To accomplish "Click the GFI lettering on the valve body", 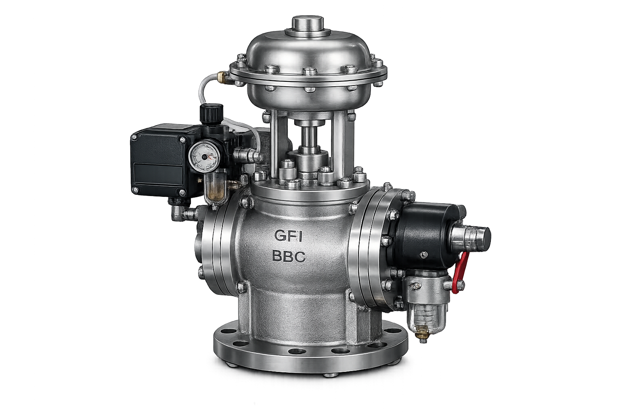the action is pyautogui.click(x=287, y=236).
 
